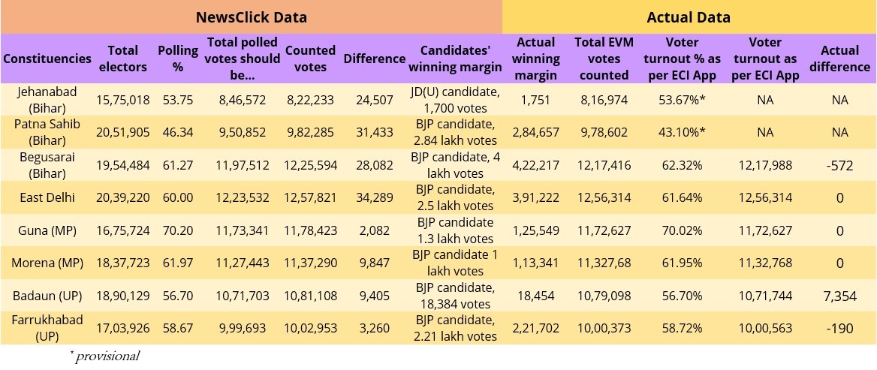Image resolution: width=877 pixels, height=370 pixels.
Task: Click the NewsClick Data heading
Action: [251, 17]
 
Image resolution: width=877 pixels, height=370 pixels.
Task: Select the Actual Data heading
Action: [689, 17]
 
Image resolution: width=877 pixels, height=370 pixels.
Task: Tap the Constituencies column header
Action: [47, 59]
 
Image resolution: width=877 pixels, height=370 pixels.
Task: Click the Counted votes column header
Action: [310, 59]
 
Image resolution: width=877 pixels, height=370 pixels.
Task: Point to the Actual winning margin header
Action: [536, 59]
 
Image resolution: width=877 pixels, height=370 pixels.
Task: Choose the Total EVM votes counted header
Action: [602, 59]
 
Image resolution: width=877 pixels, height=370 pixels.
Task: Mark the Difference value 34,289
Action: [374, 197]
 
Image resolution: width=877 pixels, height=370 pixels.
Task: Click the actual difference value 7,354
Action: [839, 296]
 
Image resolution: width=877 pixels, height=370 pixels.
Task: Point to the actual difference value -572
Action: [839, 165]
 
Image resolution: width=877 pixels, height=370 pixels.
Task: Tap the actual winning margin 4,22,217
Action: [536, 165]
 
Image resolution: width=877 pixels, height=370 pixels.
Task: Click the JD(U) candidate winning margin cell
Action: [454, 100]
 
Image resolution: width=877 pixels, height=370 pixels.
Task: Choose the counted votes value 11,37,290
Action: [310, 262]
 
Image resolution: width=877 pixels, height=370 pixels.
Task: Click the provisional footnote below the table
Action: [105, 356]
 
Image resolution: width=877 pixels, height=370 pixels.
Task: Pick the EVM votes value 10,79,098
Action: [602, 295]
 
